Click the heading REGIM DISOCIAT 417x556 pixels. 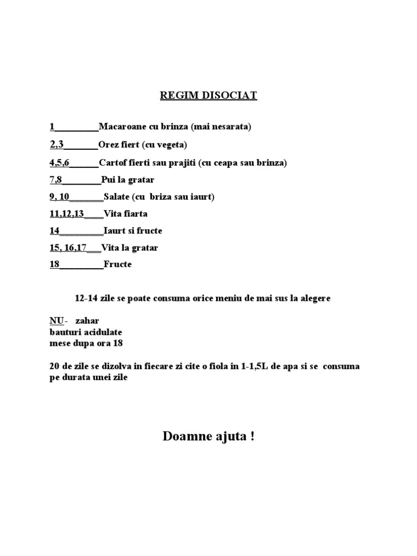208,96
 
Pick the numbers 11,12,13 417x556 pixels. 67,213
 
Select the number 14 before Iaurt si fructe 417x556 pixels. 54,231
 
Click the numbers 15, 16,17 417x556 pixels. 68,248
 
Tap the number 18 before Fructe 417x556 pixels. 54,265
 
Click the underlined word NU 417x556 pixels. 56,321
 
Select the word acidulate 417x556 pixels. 103,332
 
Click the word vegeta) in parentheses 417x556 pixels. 172,145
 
